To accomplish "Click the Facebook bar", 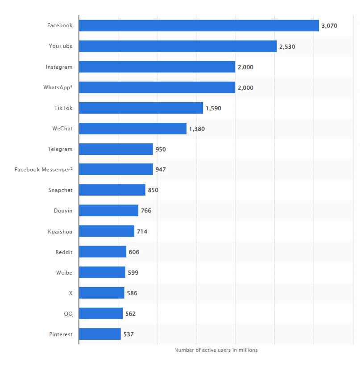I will pos(199,25).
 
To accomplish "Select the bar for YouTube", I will pos(178,46).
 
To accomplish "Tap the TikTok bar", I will pos(141,108).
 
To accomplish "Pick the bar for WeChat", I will pos(133,129).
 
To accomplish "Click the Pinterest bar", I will pos(100,334).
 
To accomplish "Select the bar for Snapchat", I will pos(112,190).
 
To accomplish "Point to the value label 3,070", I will pos(329,26).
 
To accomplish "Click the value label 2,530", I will pos(287,46).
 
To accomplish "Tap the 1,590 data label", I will pos(213,108).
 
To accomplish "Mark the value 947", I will pos(161,170).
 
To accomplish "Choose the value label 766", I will pos(146,211).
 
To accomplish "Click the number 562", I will pos(130,314).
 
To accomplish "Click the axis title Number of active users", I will pos(216,350).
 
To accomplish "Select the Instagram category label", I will pos(59,67).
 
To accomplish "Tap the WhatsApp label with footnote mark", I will pos(58,88).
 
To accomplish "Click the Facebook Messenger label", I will pos(43,170).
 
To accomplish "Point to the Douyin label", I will pos(63,211).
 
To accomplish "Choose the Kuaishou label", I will pos(60,231).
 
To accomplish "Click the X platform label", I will pos(70,293).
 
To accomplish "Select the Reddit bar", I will pos(103,252).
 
